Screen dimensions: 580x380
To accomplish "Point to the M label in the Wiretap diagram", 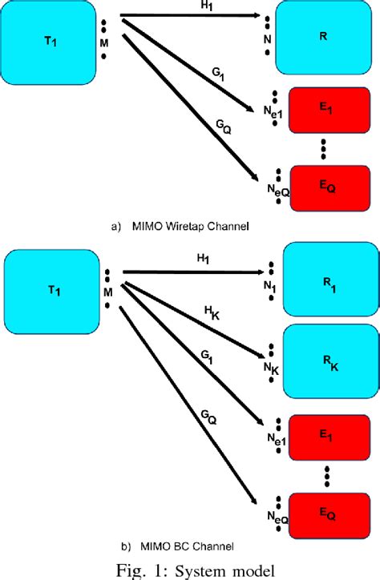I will tap(103, 33).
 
